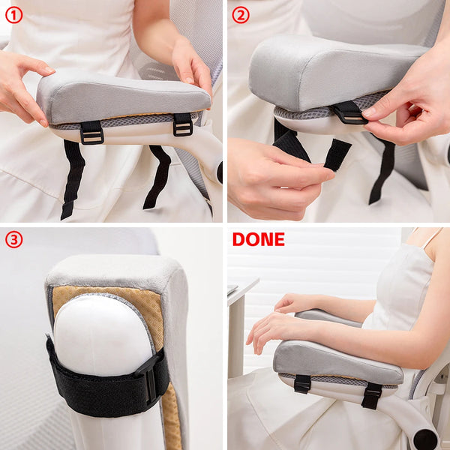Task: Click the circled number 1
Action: coord(13,14)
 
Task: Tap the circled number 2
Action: coord(240,14)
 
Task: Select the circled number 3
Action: coord(13,240)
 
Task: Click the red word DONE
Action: coord(258,239)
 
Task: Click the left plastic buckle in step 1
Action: coord(91,132)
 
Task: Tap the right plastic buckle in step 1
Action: coord(182,124)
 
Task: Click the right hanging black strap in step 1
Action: coord(160,175)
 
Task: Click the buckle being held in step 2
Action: coord(349,112)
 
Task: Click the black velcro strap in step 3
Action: coord(105,379)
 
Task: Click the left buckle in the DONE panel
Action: coord(302,383)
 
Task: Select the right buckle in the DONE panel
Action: coord(371,395)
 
